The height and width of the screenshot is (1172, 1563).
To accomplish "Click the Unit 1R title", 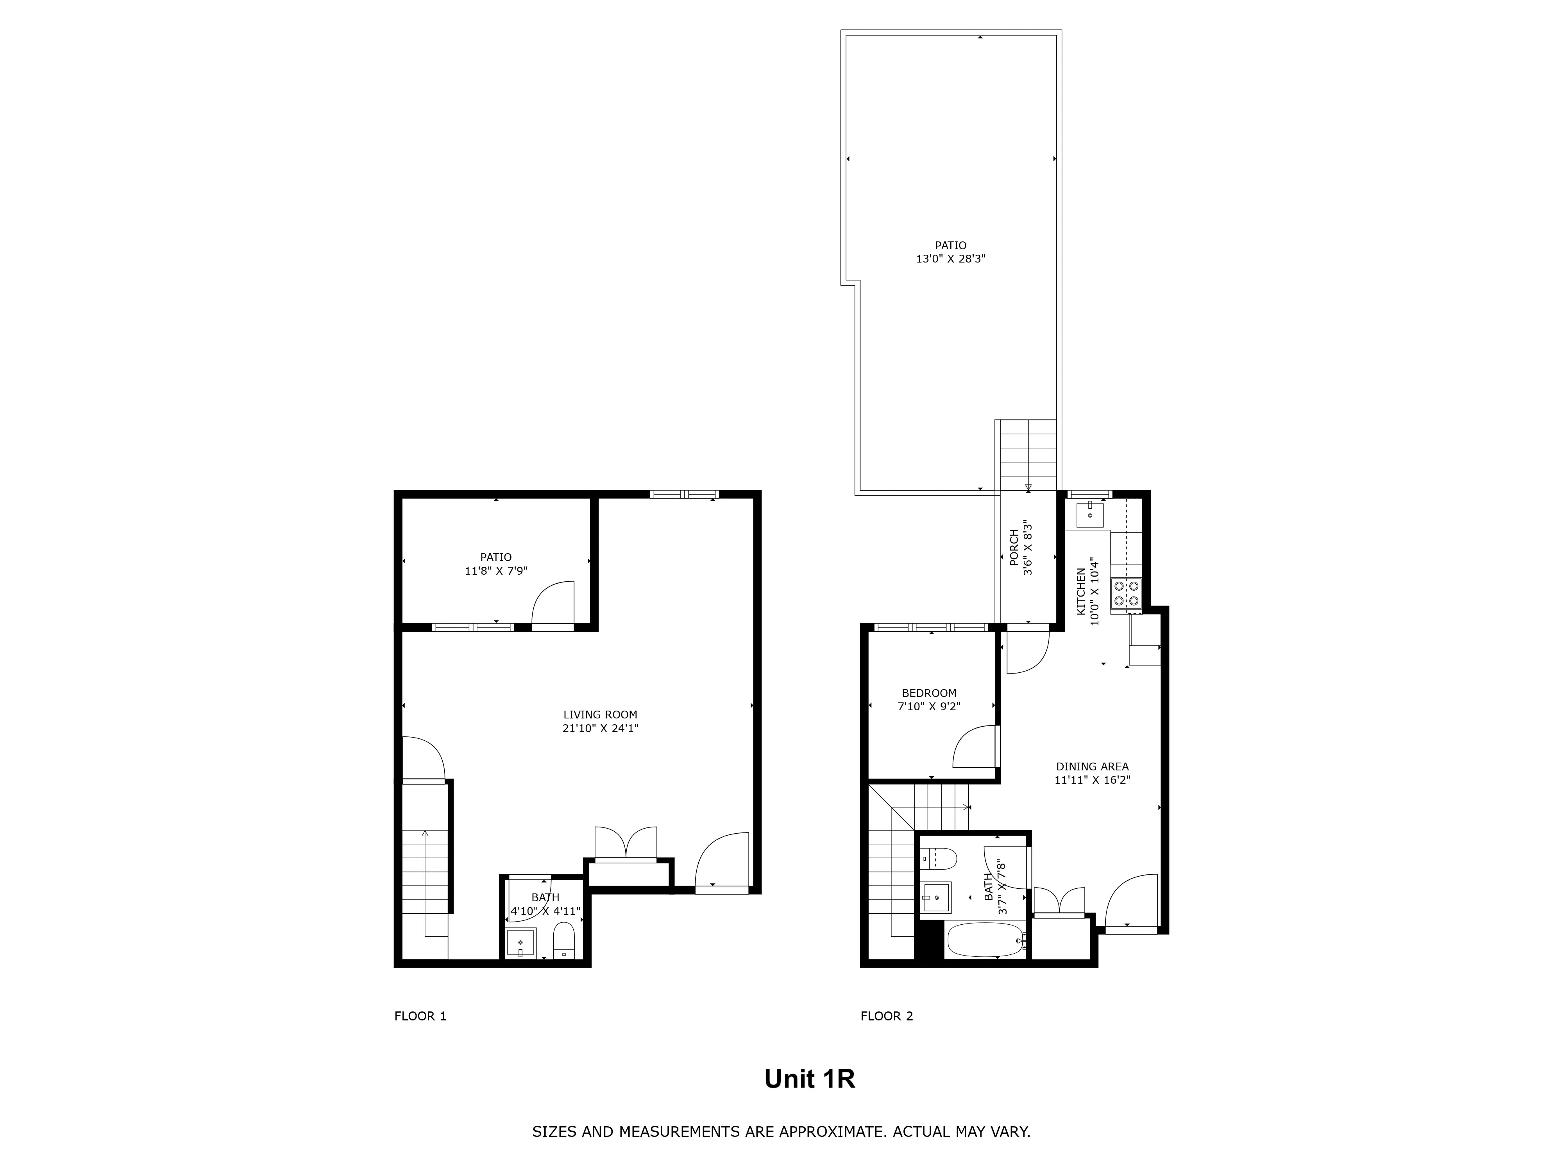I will coord(809,1079).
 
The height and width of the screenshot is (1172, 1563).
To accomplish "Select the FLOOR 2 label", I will coord(886,1016).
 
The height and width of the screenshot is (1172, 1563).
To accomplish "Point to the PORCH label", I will coord(1014,547).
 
